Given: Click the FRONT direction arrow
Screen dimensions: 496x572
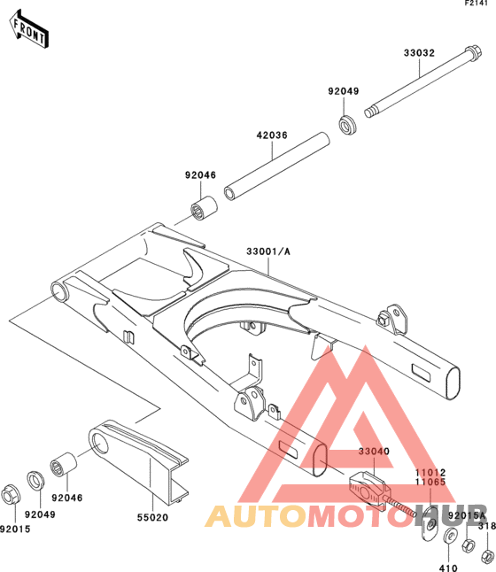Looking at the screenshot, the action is (x=28, y=29).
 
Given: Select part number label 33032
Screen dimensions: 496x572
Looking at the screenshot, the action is (x=419, y=53).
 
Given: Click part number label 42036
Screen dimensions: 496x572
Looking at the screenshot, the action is (x=272, y=135).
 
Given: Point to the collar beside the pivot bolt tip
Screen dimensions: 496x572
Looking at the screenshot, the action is (x=347, y=124).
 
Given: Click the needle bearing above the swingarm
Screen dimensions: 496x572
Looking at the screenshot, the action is (x=204, y=208).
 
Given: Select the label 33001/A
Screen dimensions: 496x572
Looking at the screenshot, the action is (x=268, y=251).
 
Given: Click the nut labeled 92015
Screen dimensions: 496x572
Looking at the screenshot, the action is (x=11, y=495).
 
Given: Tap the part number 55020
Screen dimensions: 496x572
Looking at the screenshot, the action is (x=152, y=517).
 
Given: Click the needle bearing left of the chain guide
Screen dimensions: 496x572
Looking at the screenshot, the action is (x=64, y=464).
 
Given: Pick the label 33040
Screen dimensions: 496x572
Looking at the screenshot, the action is (x=374, y=452).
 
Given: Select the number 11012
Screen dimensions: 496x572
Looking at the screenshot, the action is (x=430, y=473).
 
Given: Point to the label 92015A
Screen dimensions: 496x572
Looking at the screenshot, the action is (x=467, y=515).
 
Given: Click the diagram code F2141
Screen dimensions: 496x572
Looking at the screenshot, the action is (x=476, y=4).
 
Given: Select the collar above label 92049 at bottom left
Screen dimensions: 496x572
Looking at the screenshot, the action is (x=35, y=481).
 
